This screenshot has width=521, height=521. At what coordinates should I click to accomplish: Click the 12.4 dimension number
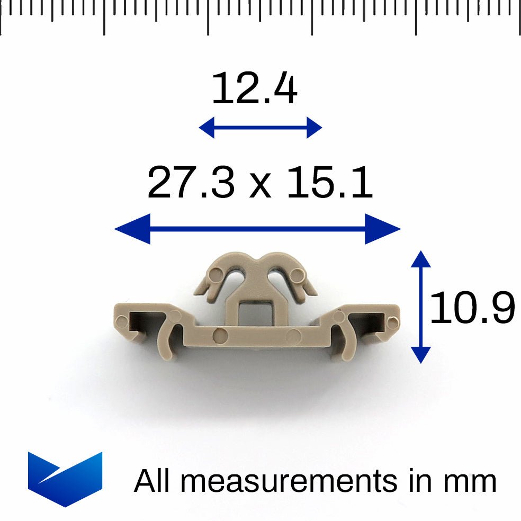255,88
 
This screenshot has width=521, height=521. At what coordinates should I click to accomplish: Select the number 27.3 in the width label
191,182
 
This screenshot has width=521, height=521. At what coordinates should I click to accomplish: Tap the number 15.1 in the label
330,182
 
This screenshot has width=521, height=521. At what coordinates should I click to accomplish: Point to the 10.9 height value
472,307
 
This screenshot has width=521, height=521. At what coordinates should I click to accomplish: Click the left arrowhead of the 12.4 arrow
206,127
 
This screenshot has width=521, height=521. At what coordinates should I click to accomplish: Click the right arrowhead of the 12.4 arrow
315,127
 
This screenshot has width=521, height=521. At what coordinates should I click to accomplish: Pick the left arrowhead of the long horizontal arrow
132,229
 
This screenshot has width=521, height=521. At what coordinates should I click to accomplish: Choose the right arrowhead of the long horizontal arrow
383,229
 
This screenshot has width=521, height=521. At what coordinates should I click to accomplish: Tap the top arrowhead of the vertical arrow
420,259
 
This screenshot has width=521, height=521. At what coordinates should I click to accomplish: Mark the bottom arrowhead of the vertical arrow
420,355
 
